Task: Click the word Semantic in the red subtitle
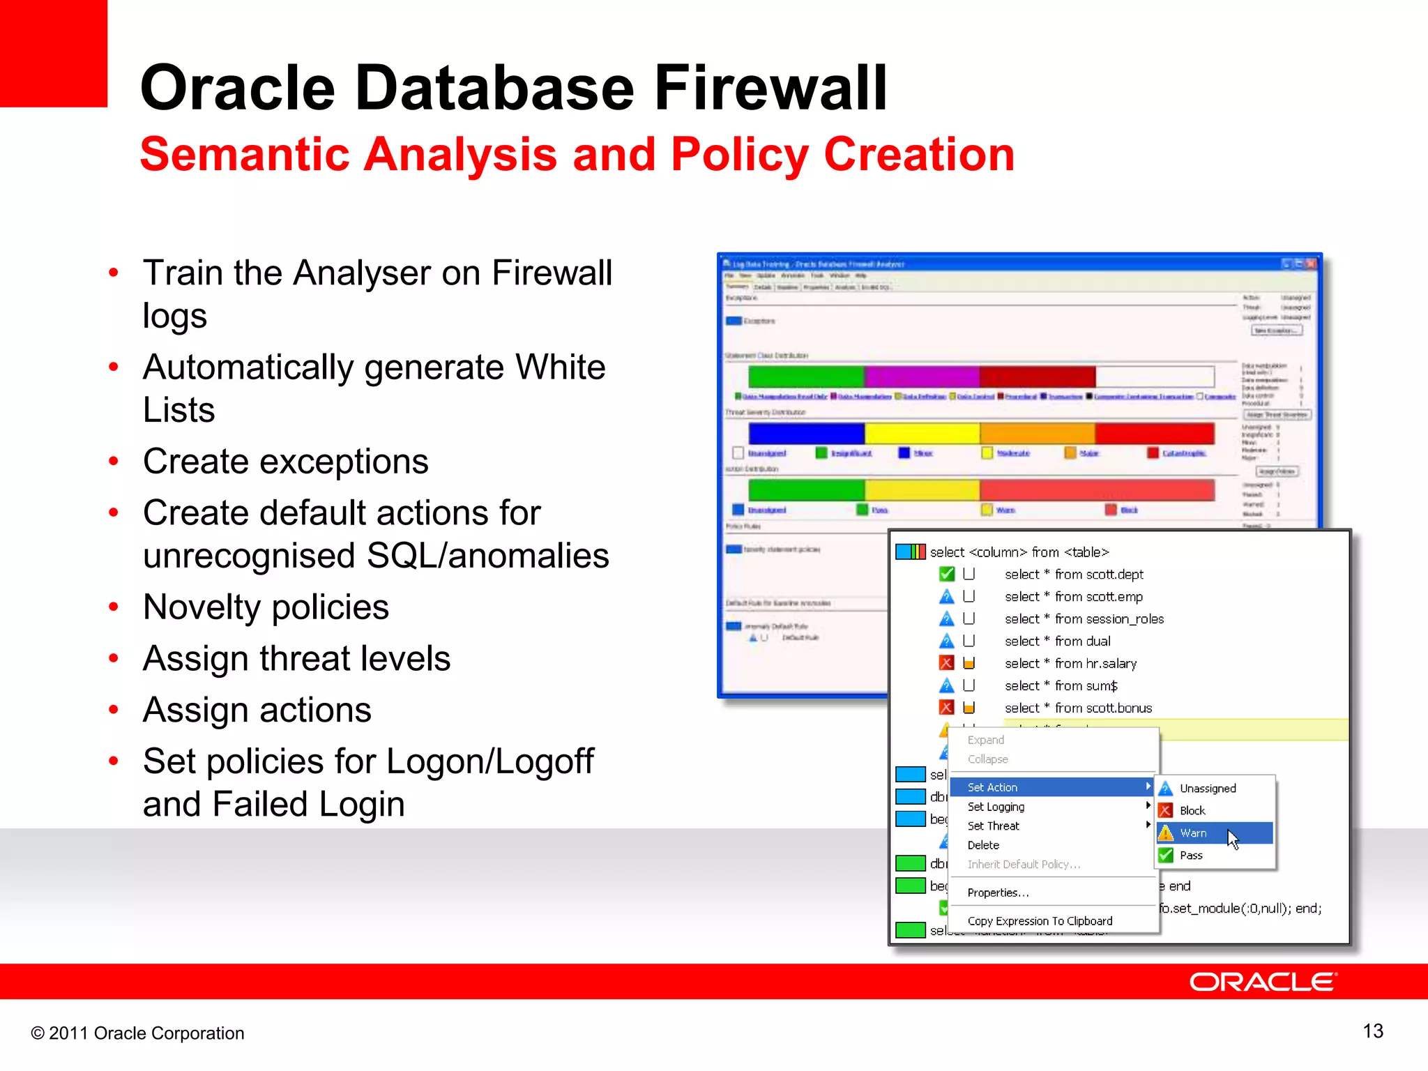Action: (244, 154)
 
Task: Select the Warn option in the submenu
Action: (1193, 833)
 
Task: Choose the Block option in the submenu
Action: (1192, 811)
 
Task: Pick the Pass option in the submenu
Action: (1191, 856)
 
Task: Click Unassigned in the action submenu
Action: (1208, 789)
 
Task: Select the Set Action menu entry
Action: (992, 787)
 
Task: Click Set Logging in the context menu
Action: (996, 807)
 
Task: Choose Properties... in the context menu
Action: (998, 892)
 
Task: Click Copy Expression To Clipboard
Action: (1040, 921)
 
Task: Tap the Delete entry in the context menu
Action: (983, 845)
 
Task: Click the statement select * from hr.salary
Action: (1070, 664)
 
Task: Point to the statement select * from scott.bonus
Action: (1078, 708)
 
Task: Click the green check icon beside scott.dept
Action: (946, 575)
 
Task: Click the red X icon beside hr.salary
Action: (946, 663)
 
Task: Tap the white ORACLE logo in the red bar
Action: (1262, 982)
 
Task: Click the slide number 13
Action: (1372, 1031)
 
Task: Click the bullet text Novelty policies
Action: (266, 607)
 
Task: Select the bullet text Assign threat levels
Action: (296, 659)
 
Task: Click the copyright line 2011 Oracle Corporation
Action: (137, 1033)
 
